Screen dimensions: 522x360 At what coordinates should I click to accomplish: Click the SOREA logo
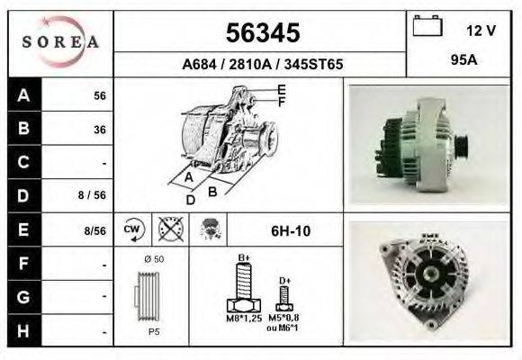pos(60,42)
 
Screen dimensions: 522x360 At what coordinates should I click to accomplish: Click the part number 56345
pos(263,32)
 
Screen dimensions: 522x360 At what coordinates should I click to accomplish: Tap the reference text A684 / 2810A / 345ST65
pos(262,64)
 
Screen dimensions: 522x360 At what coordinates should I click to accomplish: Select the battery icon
pos(427,25)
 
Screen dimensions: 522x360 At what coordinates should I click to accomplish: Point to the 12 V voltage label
pos(481,31)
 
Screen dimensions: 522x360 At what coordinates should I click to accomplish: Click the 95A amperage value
pos(464,60)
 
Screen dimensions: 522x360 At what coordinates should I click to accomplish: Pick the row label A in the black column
pos(24,95)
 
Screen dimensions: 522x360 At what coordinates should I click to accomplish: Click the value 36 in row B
pos(100,130)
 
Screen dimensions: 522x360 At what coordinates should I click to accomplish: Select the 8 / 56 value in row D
pos(92,194)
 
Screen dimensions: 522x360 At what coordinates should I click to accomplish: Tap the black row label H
pos(24,330)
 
